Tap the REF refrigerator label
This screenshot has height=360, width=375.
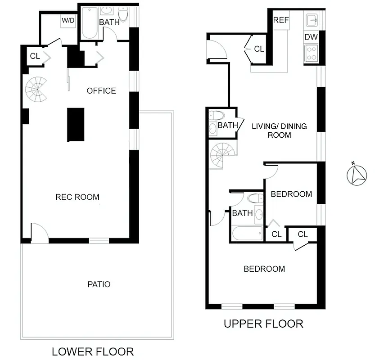pyautogui.click(x=281, y=21)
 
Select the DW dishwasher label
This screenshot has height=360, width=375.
pyautogui.click(x=311, y=37)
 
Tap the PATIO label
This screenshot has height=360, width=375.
pyautogui.click(x=99, y=284)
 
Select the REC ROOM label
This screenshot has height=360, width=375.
pyautogui.click(x=77, y=197)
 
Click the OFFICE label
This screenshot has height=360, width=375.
pyautogui.click(x=101, y=91)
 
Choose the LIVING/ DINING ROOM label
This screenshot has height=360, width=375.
pyautogui.click(x=279, y=130)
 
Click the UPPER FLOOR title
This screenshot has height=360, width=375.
pyautogui.click(x=263, y=324)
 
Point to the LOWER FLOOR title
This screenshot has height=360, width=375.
pyautogui.click(x=93, y=351)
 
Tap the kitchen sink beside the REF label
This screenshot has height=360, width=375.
pyautogui.click(x=311, y=20)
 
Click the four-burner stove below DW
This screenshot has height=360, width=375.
pyautogui.click(x=311, y=54)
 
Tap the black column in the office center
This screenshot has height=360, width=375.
pyautogui.click(x=76, y=125)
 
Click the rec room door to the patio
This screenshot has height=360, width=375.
pyautogui.click(x=39, y=234)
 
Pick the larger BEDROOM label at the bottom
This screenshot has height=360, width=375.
pyautogui.click(x=264, y=269)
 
